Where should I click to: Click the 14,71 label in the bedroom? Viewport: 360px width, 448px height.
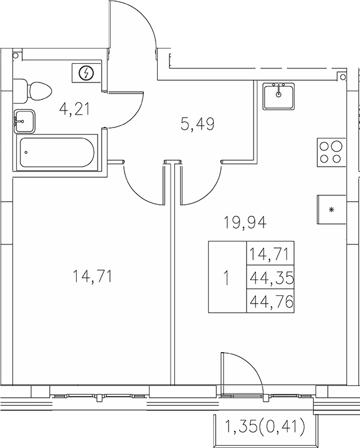92,275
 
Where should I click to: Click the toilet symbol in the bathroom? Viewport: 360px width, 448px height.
33,91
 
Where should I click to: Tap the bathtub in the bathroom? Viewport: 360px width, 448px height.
57,153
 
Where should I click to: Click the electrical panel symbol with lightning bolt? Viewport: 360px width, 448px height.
87,73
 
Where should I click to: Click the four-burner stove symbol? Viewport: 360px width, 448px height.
330,152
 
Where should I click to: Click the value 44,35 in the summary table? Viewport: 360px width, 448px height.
271,278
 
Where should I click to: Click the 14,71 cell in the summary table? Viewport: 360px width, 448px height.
271,254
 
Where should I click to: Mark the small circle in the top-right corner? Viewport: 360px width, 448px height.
343,75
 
